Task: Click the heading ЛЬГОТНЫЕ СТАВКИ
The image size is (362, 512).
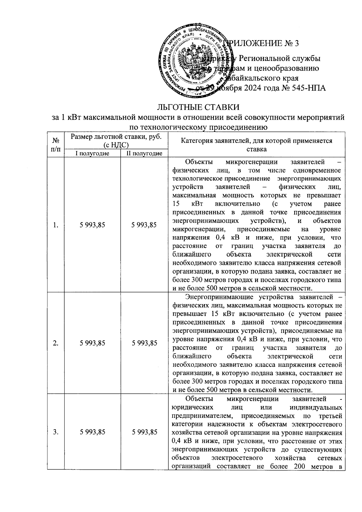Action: coord(198,107)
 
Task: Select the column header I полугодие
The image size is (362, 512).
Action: coord(92,154)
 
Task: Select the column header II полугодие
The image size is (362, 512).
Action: coord(144,154)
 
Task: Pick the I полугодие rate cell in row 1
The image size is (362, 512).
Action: coord(92,225)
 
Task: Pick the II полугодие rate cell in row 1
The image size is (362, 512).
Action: coord(144,225)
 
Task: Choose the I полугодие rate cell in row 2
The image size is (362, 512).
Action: coord(92,343)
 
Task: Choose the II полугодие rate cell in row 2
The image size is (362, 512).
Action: coord(144,343)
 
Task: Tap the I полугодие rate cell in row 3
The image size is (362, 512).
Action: coord(92,432)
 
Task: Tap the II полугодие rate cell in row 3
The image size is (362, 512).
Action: coord(144,432)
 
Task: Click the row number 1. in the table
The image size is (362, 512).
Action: coord(56,225)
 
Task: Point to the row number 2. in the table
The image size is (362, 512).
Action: coord(56,343)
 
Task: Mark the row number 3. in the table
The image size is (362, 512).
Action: coord(56,432)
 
